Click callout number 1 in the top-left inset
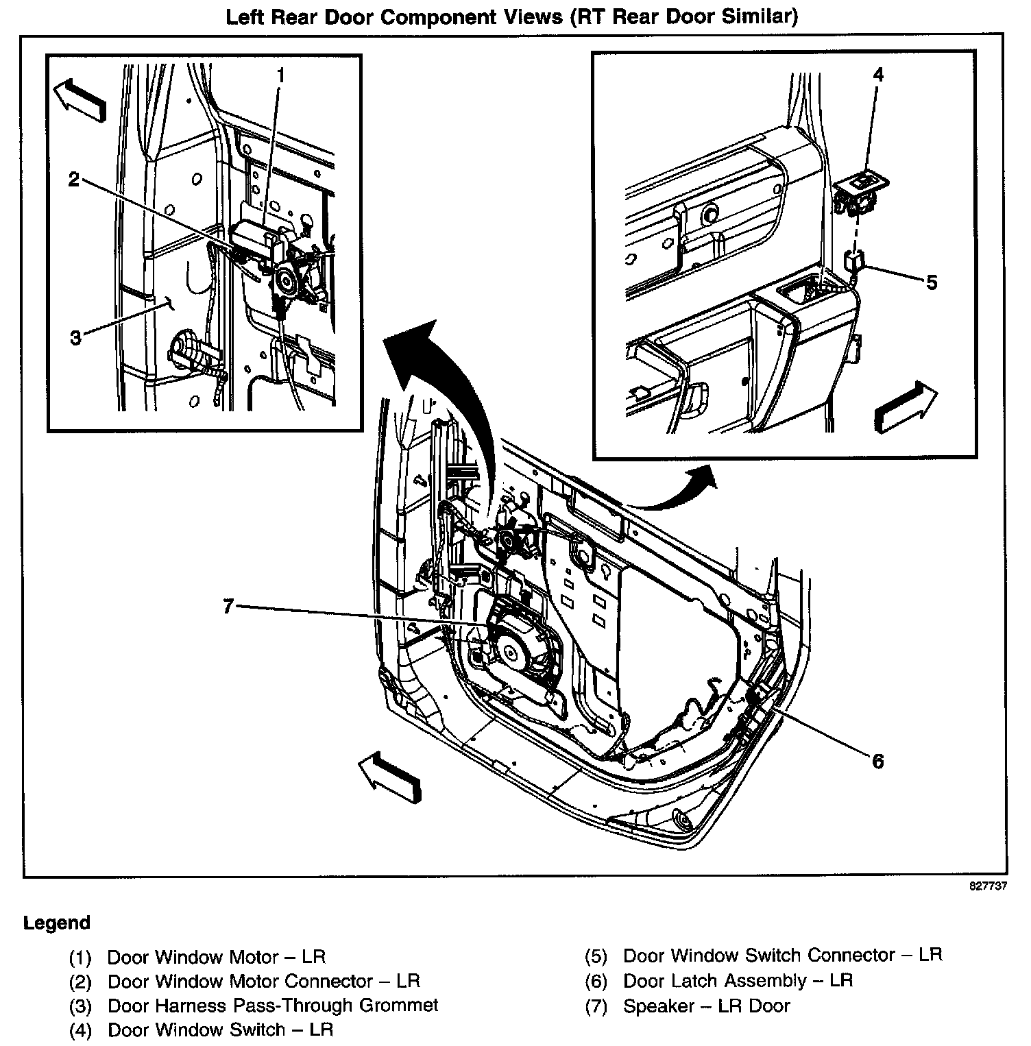tap(280, 75)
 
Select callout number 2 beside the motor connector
tap(74, 180)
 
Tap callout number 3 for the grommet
tap(75, 337)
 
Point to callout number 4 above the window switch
tap(878, 74)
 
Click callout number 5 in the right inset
tap(931, 282)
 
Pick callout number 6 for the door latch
tap(878, 761)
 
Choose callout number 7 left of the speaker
tap(229, 606)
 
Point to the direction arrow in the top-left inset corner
tap(80, 99)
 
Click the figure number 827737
tap(988, 886)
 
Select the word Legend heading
tap(57, 923)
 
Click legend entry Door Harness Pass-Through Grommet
tap(273, 1006)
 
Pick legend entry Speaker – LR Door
tap(707, 1006)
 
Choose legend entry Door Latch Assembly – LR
tap(738, 981)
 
